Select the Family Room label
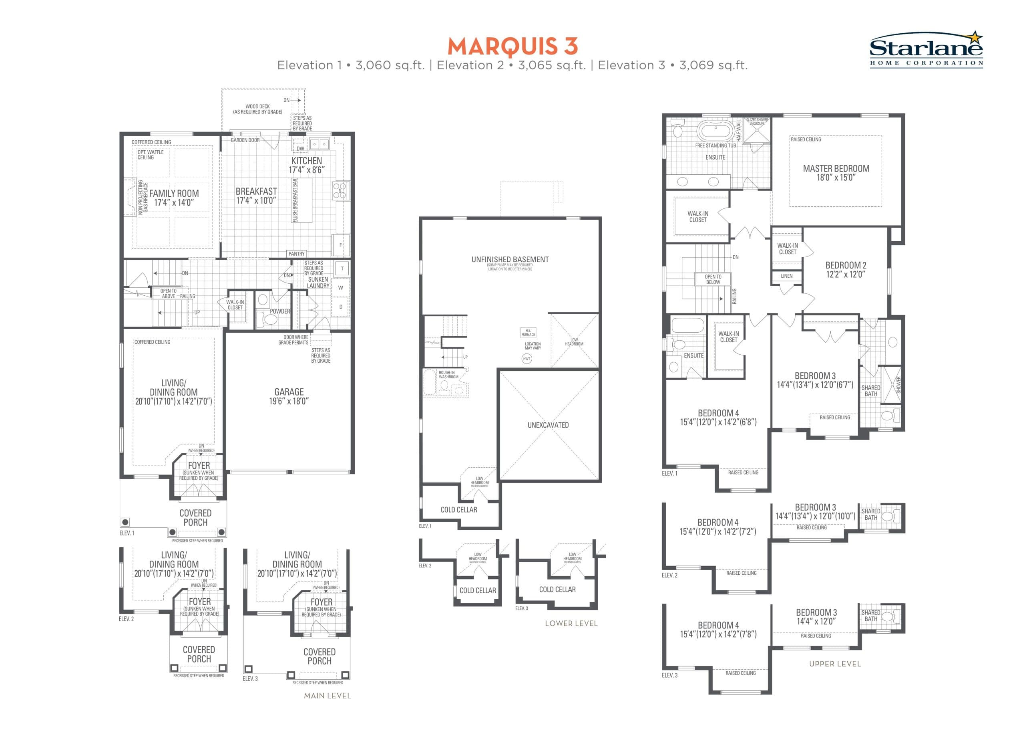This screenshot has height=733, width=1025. (174, 198)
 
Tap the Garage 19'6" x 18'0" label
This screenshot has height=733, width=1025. (289, 396)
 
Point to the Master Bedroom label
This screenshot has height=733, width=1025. (836, 173)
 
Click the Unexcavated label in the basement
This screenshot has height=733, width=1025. (548, 425)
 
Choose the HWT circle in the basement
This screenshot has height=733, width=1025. (527, 358)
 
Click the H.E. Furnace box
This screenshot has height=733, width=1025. (528, 333)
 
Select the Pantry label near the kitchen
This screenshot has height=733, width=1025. (296, 254)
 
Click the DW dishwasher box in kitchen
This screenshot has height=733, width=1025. (300, 147)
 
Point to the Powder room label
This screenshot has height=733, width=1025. (279, 311)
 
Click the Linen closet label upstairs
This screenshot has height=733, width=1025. (786, 276)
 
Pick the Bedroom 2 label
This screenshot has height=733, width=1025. (846, 269)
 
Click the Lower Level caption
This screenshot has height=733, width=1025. (571, 623)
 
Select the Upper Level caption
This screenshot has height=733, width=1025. (835, 664)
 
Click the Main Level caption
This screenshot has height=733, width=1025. (328, 696)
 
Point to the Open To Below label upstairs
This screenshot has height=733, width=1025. (713, 279)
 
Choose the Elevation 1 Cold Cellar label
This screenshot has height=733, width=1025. (458, 510)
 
